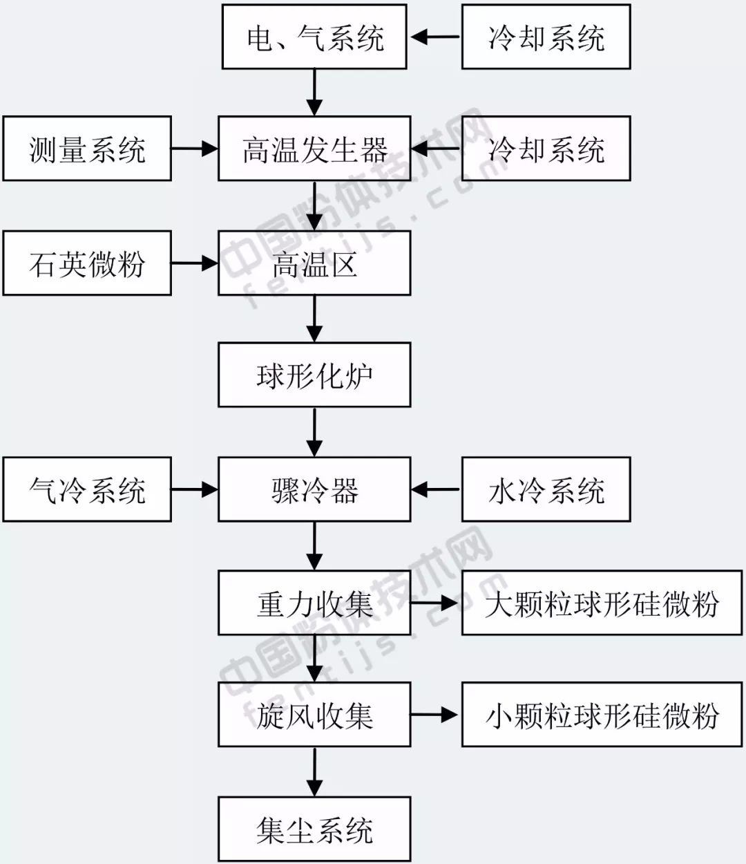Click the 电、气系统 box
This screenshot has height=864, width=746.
314,37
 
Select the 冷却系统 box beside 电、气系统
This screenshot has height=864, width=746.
546,37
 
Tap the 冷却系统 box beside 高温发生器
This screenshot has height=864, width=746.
546,149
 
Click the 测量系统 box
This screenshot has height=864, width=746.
87,149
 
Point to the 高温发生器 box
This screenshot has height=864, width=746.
314,149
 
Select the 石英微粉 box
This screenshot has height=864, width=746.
87,263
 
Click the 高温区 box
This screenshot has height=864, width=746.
314,263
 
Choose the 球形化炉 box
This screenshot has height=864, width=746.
314,375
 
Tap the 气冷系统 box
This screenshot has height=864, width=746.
87,489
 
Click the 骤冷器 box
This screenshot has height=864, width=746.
314,489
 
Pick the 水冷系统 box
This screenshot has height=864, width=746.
546,489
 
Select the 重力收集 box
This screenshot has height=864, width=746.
314,603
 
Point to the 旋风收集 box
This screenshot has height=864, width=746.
314,715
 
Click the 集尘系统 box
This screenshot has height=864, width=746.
314,829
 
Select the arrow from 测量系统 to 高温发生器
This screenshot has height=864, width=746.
194,149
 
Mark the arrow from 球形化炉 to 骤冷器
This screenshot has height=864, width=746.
314,431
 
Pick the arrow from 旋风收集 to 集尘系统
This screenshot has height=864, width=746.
314,771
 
